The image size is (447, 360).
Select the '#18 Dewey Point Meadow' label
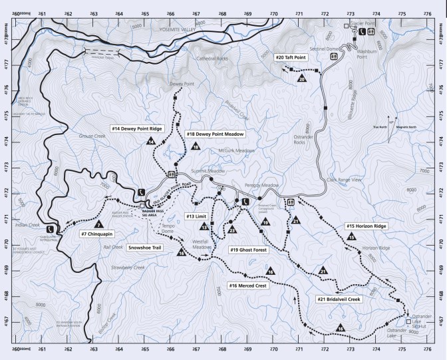[x=216, y=134]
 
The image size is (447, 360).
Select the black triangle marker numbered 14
[x=152, y=141]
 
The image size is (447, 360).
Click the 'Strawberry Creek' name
[x=130, y=268]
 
